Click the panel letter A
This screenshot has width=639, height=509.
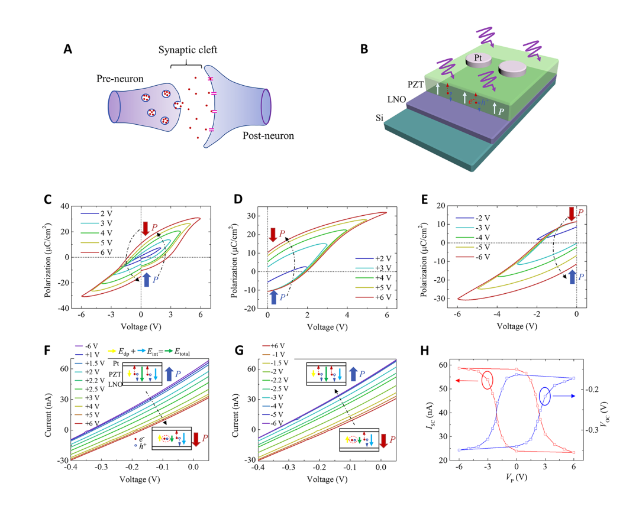tap(69, 50)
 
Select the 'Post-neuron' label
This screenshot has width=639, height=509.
tap(269, 136)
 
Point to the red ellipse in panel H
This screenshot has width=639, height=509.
tap(488, 380)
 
